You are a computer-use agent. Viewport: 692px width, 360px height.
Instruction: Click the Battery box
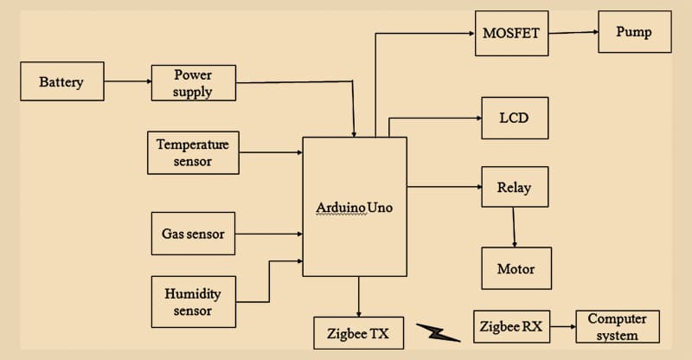(61, 81)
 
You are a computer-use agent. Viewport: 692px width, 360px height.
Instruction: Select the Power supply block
(193, 83)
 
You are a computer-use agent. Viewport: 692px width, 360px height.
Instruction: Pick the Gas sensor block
(193, 234)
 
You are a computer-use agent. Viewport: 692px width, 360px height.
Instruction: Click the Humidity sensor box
(193, 301)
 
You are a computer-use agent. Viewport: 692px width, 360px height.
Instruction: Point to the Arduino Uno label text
(355, 209)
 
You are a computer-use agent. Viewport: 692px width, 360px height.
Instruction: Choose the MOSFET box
(511, 34)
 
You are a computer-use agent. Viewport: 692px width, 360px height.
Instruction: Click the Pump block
(633, 33)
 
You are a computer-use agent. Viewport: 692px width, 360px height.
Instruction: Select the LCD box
(515, 117)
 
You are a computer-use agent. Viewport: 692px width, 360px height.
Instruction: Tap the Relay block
(515, 187)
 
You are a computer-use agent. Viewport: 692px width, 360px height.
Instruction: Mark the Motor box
(516, 268)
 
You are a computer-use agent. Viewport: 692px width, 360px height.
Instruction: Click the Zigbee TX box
(358, 331)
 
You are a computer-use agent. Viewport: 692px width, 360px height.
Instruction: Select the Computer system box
(617, 327)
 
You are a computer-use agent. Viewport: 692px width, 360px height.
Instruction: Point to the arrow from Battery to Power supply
(127, 82)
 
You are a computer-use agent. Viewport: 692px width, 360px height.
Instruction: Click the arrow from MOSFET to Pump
(573, 33)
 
